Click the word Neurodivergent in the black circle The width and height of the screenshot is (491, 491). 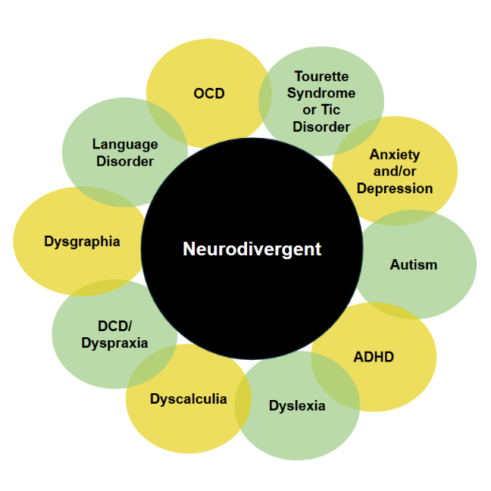tap(252, 249)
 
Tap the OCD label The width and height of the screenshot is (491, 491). tap(209, 94)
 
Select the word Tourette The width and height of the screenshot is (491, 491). tap(321, 77)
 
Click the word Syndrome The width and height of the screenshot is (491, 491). tap(321, 93)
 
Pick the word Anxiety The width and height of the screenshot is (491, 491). tap(395, 155)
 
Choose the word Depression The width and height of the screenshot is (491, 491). tap(395, 188)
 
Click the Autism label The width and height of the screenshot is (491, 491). tap(414, 264)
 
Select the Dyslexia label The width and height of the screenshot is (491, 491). tap(297, 405)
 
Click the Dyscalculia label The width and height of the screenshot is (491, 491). tap(188, 399)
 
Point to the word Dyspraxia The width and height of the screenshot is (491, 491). tap(114, 342)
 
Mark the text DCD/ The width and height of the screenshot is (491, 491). tap(114, 326)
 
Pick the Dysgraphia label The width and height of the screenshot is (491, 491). tap(82, 242)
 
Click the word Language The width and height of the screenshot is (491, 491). tap(125, 144)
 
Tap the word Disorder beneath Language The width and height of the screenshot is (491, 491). tap(125, 161)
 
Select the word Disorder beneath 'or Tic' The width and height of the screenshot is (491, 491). tap(321, 127)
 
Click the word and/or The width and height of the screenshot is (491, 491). tap(395, 171)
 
